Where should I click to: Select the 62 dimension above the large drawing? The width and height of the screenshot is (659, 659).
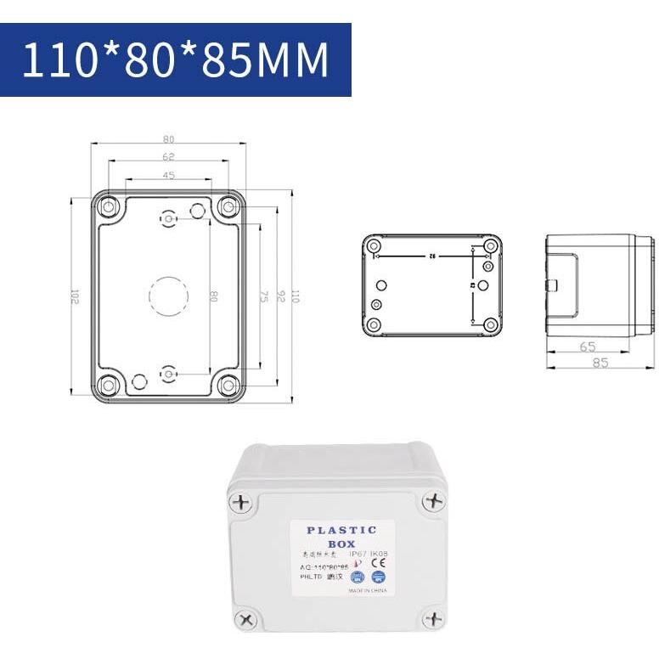click(x=168, y=157)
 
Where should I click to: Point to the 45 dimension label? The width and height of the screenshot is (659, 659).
click(x=168, y=176)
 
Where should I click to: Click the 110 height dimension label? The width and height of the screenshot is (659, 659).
click(x=296, y=296)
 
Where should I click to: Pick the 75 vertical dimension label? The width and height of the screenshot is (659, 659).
click(x=263, y=296)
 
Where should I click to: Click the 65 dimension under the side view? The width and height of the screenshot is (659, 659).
click(x=586, y=346)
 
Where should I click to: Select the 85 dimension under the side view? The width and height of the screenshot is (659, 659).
click(x=600, y=362)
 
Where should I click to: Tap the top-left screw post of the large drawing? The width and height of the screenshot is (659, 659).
click(x=109, y=206)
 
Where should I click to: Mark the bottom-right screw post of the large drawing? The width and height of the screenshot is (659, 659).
click(x=228, y=386)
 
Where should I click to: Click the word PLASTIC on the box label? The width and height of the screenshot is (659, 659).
click(x=341, y=530)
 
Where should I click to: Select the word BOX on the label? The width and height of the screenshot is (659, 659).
click(x=341, y=544)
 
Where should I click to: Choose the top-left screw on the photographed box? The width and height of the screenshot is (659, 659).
click(x=243, y=502)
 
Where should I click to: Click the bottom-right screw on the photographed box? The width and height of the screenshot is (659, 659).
click(x=433, y=618)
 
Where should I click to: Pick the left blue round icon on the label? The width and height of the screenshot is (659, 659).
click(x=357, y=576)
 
